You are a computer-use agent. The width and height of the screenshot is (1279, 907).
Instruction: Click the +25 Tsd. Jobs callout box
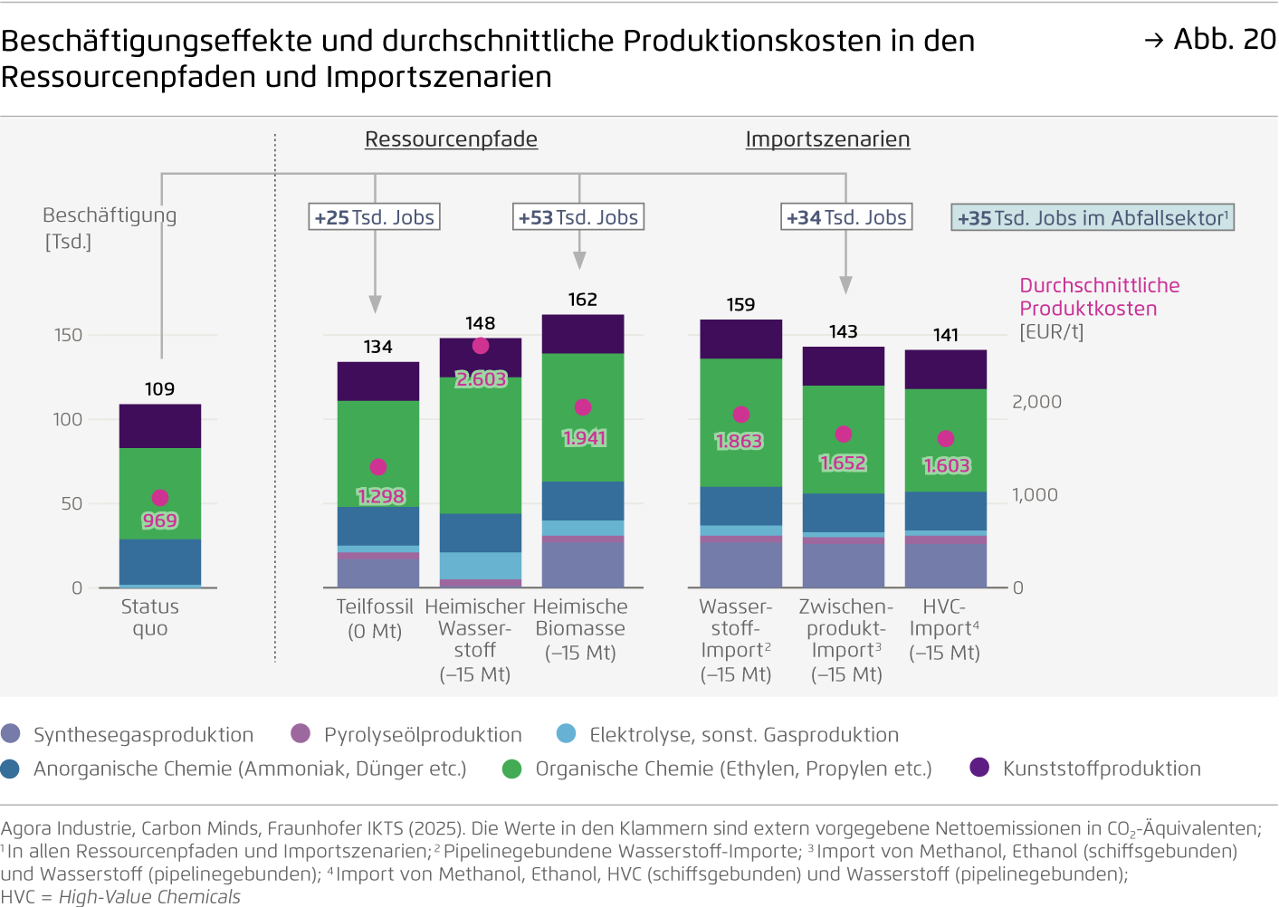click(375, 217)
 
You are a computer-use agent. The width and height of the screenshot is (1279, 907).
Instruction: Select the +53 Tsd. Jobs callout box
click(578, 217)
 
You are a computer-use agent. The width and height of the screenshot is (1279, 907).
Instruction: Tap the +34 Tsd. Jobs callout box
click(846, 217)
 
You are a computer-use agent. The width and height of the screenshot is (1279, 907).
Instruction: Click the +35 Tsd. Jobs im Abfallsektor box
click(1093, 218)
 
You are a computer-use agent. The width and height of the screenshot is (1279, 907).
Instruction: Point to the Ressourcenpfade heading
click(451, 139)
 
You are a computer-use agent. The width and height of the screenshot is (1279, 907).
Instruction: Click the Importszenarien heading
click(827, 139)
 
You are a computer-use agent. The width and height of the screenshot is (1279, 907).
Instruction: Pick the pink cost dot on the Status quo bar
click(160, 498)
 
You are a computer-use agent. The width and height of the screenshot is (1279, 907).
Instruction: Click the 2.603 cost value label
click(481, 379)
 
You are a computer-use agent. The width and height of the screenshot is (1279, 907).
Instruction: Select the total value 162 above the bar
click(582, 300)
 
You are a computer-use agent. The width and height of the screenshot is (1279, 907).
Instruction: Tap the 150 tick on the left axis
click(68, 335)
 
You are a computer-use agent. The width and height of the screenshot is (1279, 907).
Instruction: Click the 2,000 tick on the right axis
click(1036, 402)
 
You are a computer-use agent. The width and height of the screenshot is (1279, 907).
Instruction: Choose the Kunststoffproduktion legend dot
click(979, 768)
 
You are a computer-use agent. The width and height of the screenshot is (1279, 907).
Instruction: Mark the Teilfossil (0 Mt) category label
click(375, 618)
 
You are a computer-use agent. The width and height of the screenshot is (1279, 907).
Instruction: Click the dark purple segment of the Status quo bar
click(160, 426)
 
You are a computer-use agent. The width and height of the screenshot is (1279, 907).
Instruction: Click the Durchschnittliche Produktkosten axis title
click(1099, 297)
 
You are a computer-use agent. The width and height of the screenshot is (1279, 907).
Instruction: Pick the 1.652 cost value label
click(843, 463)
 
